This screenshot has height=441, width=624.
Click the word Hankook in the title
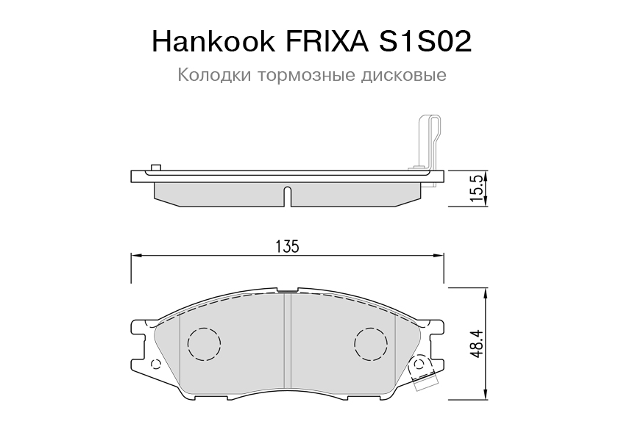(x=213, y=41)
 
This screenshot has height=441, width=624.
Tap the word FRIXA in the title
(x=327, y=41)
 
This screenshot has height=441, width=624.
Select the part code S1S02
(x=425, y=41)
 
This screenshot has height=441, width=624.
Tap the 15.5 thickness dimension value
(x=476, y=187)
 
